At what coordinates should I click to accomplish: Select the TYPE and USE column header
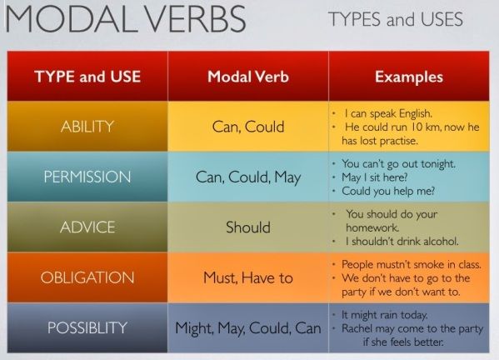click(87, 77)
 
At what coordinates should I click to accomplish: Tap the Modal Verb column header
click(247, 77)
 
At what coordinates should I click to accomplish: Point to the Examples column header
click(408, 77)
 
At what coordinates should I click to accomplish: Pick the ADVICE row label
click(87, 227)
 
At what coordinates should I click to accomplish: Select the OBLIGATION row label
click(87, 277)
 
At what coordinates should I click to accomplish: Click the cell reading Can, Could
click(247, 127)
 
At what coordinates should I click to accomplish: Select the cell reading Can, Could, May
click(247, 177)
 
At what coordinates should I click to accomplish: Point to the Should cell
click(248, 227)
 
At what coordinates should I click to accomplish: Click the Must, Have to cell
click(247, 277)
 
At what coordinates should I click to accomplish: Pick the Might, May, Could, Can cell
click(247, 327)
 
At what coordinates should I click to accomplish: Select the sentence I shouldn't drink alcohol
click(402, 242)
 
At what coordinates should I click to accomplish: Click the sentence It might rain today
click(385, 315)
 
